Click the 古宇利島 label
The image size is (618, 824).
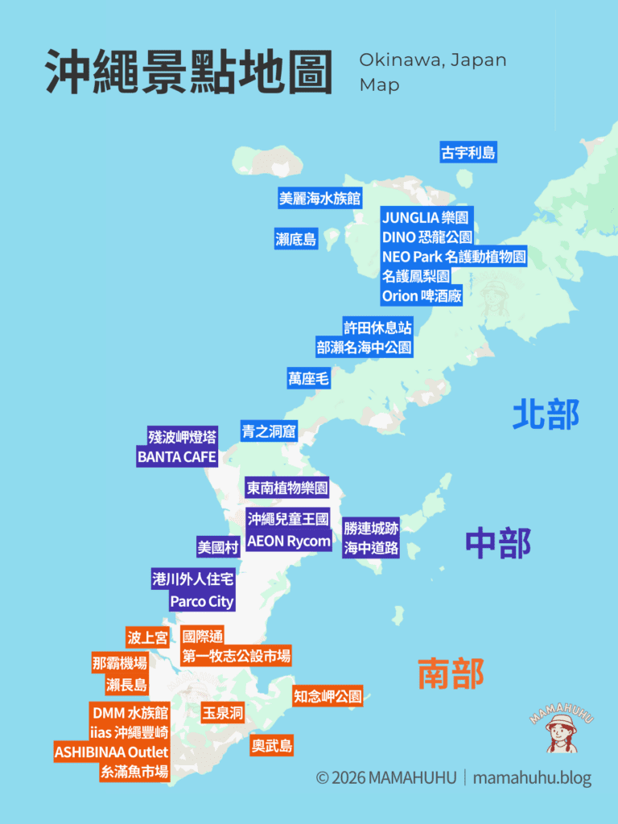coord(468,152)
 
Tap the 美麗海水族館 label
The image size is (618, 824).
coord(319,198)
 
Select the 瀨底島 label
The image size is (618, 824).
coord(296,238)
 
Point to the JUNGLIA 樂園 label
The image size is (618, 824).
coord(426,217)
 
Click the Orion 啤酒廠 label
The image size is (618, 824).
coord(422,295)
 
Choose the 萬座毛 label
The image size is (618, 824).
coord(309,378)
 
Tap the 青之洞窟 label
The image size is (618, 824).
coord(269,431)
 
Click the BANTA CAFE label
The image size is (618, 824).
coord(177,457)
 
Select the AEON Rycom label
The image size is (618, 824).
coord(289,541)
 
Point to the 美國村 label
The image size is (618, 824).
coord(218,547)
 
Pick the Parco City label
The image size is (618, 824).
coord(201,601)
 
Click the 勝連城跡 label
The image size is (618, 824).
coord(371,528)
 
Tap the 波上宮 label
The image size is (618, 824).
coord(147,638)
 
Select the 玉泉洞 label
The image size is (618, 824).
coord(223,713)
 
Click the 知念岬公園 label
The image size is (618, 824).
coord(328,696)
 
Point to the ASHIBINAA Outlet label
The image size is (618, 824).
coord(111,752)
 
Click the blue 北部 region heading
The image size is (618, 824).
coord(546,414)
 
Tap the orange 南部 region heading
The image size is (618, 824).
coord(451,673)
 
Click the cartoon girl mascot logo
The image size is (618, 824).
coord(561,730)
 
